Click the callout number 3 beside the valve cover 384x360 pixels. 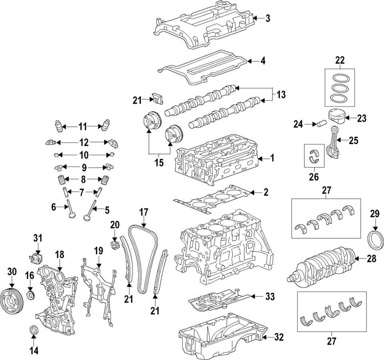pos(268,18)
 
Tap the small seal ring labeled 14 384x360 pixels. pos(34,330)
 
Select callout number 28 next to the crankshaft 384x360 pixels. pos(371,259)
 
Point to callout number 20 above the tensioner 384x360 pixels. pos(115,225)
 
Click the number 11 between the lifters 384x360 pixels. pos(82,127)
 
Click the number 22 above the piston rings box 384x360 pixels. pos(340,60)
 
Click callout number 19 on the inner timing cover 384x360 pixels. pos(98,252)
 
